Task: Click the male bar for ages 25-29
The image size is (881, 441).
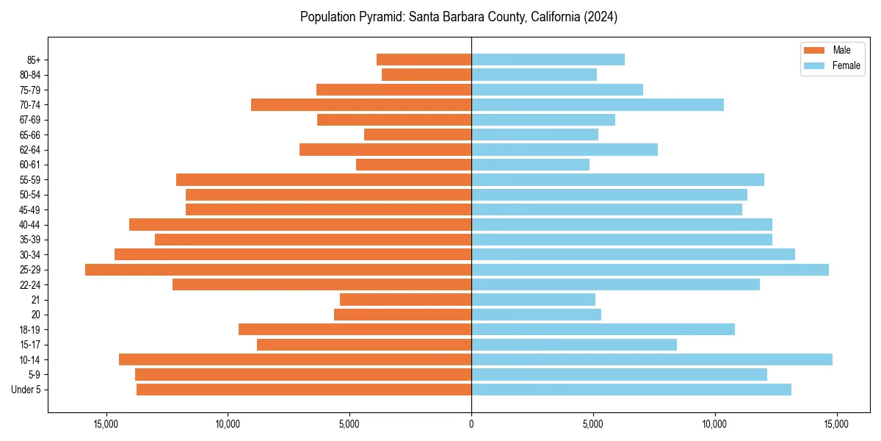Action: (x=278, y=270)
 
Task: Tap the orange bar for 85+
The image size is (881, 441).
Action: (x=424, y=60)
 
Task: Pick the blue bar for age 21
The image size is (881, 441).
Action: (x=533, y=299)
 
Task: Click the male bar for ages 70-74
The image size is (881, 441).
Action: (x=361, y=104)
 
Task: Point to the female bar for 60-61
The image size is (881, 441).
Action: (x=530, y=165)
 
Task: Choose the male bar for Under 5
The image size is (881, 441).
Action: (x=304, y=390)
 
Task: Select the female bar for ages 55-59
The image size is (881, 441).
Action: (x=617, y=179)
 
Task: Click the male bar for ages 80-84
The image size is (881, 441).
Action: (x=427, y=74)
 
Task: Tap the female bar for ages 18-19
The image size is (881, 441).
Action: (x=603, y=329)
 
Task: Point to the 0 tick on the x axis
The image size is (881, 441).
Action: (x=471, y=424)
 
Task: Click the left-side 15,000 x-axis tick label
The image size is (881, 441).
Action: (x=106, y=424)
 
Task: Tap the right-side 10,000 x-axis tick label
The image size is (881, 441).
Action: (x=714, y=424)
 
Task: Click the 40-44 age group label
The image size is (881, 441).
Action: (x=30, y=225)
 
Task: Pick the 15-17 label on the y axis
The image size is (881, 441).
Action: (x=30, y=345)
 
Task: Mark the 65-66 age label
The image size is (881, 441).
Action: (x=30, y=135)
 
